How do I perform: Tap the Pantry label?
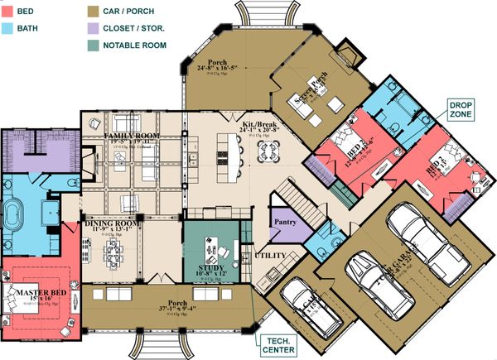click(282, 223)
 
